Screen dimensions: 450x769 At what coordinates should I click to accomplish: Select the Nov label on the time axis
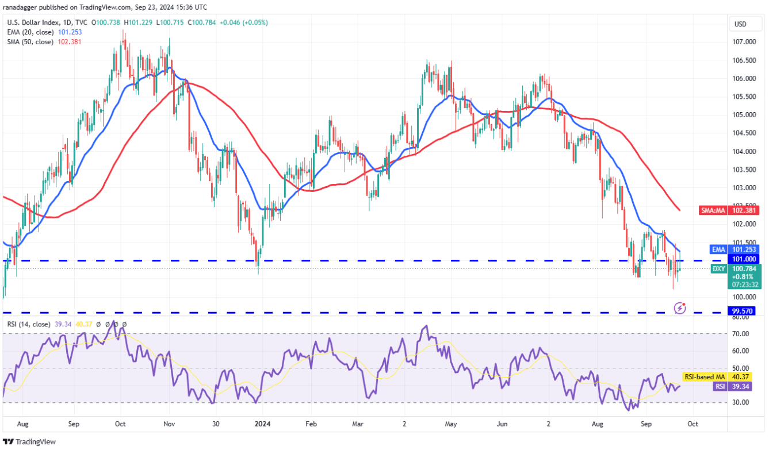pyautogui.click(x=170, y=424)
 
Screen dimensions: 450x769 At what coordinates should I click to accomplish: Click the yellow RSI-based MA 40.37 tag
pyautogui.click(x=710, y=377)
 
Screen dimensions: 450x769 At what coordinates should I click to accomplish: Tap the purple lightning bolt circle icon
pyautogui.click(x=680, y=308)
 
